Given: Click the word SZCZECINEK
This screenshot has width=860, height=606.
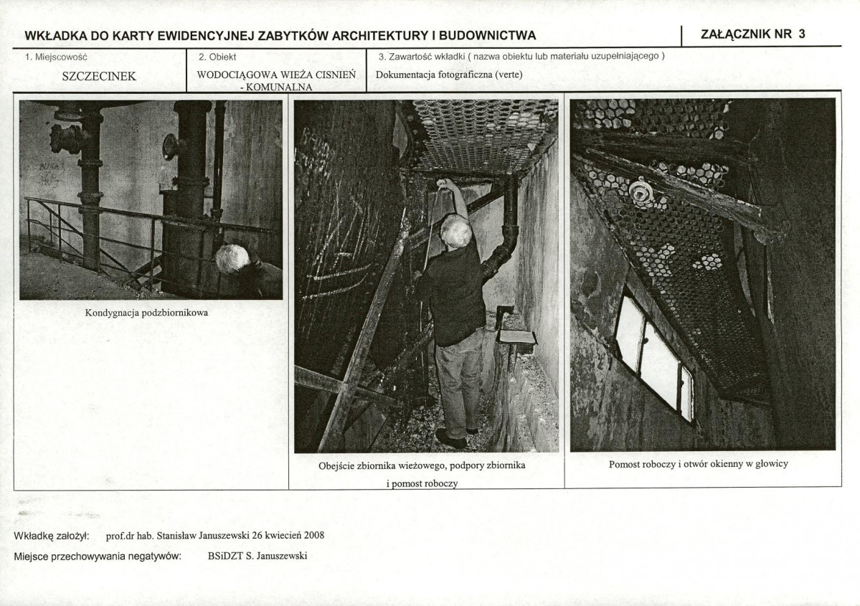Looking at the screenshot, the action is (99, 76).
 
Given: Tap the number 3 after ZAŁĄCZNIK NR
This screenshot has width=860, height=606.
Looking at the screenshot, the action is (801, 34).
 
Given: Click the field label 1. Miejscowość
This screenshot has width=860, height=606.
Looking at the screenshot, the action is (56, 57).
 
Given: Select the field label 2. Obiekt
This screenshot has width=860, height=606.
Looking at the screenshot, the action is (217, 57).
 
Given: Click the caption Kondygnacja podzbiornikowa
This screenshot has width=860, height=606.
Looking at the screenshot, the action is (146, 313).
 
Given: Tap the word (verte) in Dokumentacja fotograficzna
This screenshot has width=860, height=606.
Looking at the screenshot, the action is (509, 75).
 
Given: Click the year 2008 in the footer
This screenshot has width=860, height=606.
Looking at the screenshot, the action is (313, 535).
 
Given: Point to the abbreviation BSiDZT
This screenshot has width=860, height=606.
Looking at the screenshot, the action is (225, 556).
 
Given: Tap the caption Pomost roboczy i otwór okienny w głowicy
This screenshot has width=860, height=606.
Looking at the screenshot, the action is (698, 464).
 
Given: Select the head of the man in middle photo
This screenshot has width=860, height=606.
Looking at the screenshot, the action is (456, 231).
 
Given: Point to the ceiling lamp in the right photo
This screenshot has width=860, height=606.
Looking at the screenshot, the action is (640, 193).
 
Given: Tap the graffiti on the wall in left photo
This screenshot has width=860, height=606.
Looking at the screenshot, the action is (50, 174).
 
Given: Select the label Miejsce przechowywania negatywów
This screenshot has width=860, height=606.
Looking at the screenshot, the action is (98, 556).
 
